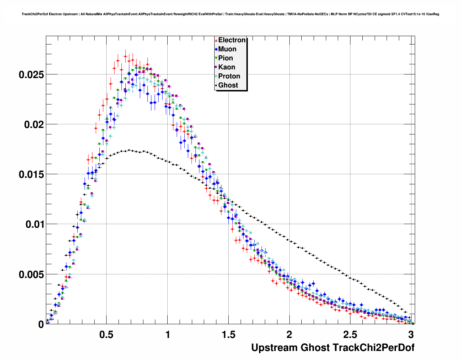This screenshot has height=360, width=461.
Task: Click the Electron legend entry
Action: coord(232,40)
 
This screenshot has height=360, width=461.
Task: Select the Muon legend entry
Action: coord(227,49)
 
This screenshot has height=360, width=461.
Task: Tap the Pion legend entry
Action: coord(225,58)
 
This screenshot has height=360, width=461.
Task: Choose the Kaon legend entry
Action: coord(227,67)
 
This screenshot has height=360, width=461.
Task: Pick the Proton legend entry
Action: coord(229,76)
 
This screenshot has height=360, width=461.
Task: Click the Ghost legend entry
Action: coord(228,85)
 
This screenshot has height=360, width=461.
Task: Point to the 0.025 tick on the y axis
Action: coord(31,75)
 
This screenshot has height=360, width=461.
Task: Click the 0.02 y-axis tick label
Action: coord(34,125)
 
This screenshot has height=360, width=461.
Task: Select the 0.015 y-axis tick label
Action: coord(31,175)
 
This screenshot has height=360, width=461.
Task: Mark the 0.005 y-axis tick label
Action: coord(31,275)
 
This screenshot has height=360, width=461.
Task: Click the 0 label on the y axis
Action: coord(41,324)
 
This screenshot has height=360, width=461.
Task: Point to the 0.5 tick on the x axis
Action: coord(107,335)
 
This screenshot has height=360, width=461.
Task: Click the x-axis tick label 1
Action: coord(168,335)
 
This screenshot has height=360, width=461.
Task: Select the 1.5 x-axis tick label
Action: coord(228,335)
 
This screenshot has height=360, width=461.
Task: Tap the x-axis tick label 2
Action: coord(289,335)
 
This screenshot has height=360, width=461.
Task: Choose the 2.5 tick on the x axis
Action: coord(350,335)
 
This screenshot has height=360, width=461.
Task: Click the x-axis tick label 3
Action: coord(411,335)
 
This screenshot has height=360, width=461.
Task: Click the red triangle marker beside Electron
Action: coord(216,40)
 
